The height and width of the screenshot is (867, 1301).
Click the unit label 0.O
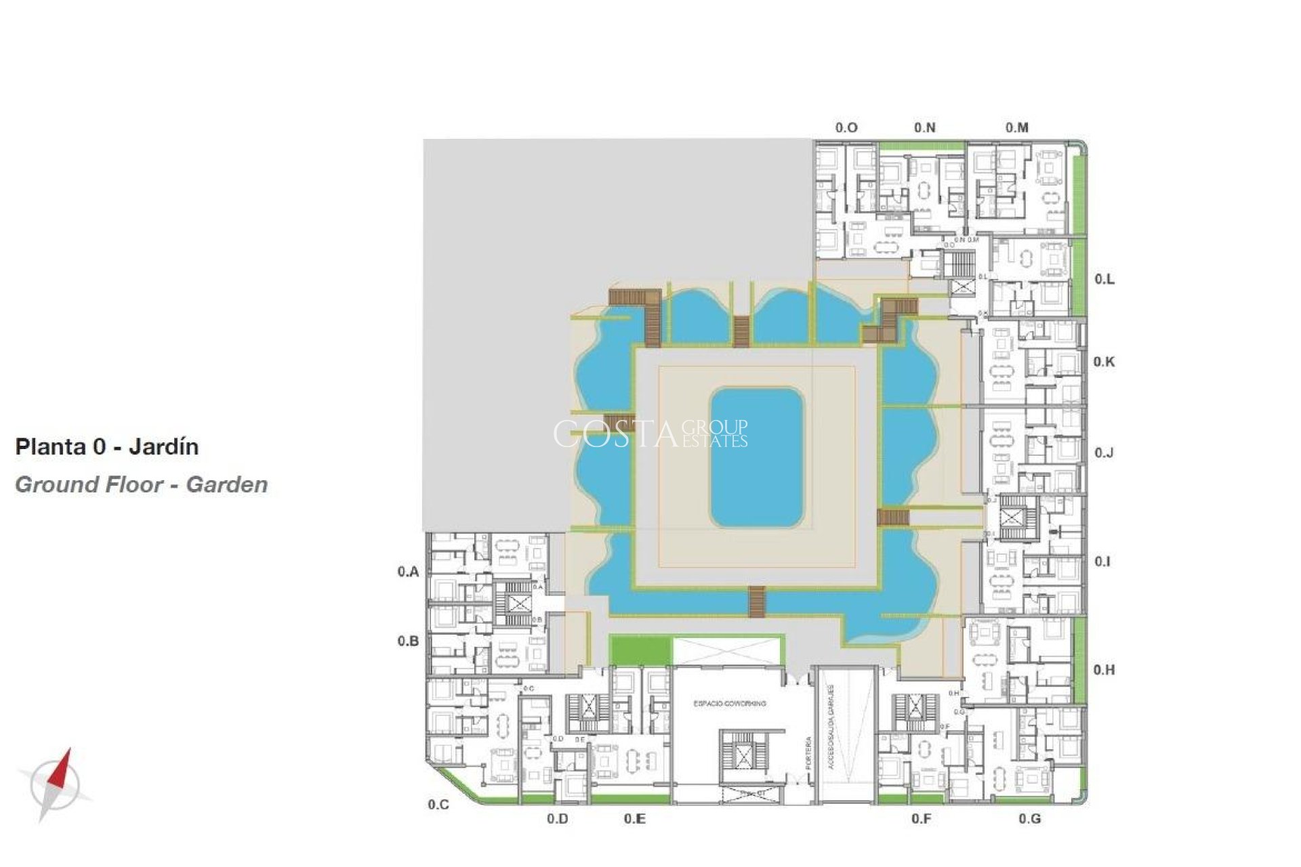point(846,127)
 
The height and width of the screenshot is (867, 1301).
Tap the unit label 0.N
point(924,127)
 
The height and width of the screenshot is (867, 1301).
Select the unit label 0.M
point(1016,127)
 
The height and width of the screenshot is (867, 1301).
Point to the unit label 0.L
point(1104,279)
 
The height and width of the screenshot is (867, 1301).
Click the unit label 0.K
point(1104,362)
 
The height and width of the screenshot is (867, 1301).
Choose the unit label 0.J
point(1104,452)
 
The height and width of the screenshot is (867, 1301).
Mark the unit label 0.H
point(1104,670)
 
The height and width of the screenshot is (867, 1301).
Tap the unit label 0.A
point(408,572)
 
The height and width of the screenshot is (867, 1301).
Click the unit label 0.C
point(438,805)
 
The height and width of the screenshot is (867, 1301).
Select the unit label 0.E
point(634,819)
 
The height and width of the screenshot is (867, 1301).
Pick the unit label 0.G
point(1029,819)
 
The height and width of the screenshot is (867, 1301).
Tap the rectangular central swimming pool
point(756,458)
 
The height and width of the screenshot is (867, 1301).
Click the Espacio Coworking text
point(729,704)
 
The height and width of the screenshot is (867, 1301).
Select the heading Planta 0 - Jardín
point(107,447)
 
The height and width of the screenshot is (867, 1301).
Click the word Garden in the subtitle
point(227,485)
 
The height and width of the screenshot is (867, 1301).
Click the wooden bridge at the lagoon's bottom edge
point(756,601)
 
